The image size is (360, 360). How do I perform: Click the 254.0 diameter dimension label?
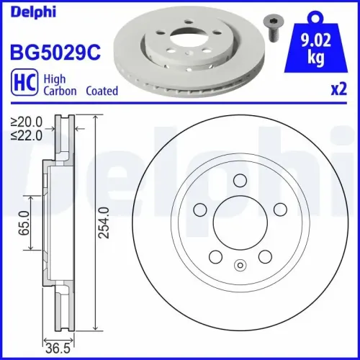pyautogui.click(x=105, y=223)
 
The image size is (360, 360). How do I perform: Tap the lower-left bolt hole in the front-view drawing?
pyautogui.click(x=214, y=256)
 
